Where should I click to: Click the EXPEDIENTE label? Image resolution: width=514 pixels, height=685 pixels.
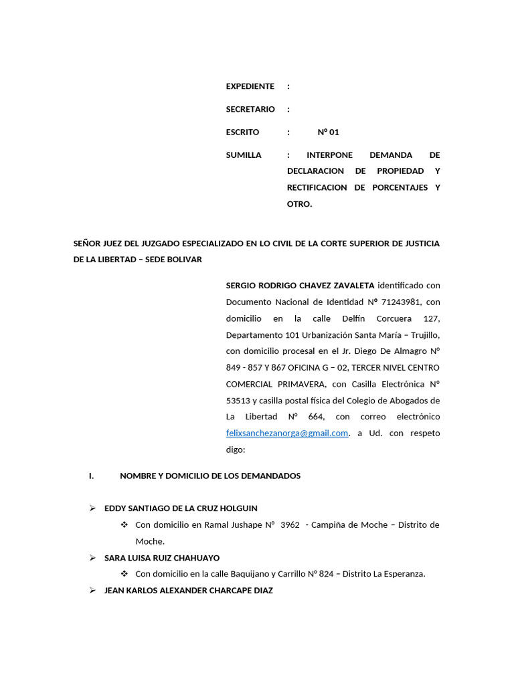point(250,86)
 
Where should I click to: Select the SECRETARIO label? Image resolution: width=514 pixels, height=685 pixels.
point(250,109)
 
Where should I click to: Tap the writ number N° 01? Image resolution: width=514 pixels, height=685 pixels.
point(328,132)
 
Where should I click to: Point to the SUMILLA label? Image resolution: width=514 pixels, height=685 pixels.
point(244,155)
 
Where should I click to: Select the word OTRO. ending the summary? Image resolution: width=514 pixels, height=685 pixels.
point(299,204)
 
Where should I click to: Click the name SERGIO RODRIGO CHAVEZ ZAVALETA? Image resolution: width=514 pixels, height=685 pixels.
point(301,286)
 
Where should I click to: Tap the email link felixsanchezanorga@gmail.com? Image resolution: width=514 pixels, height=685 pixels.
point(287,433)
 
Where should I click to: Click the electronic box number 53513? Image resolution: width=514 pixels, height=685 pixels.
point(237,401)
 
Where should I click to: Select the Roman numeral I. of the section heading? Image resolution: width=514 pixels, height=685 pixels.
point(92,476)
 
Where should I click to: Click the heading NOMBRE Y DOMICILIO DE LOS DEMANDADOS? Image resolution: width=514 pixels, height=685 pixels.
point(210,476)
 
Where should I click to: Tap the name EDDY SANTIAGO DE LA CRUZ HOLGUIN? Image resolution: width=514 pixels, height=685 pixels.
point(181,508)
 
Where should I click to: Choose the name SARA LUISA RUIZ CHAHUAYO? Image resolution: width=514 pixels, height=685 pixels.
point(162,558)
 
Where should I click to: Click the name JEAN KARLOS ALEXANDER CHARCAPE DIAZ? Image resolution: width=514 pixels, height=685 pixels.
point(189,591)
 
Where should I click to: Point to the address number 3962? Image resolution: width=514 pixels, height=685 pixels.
point(290,525)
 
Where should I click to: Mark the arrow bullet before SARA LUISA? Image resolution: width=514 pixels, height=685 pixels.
point(93,557)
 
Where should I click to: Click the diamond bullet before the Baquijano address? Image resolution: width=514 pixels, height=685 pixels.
point(124,574)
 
